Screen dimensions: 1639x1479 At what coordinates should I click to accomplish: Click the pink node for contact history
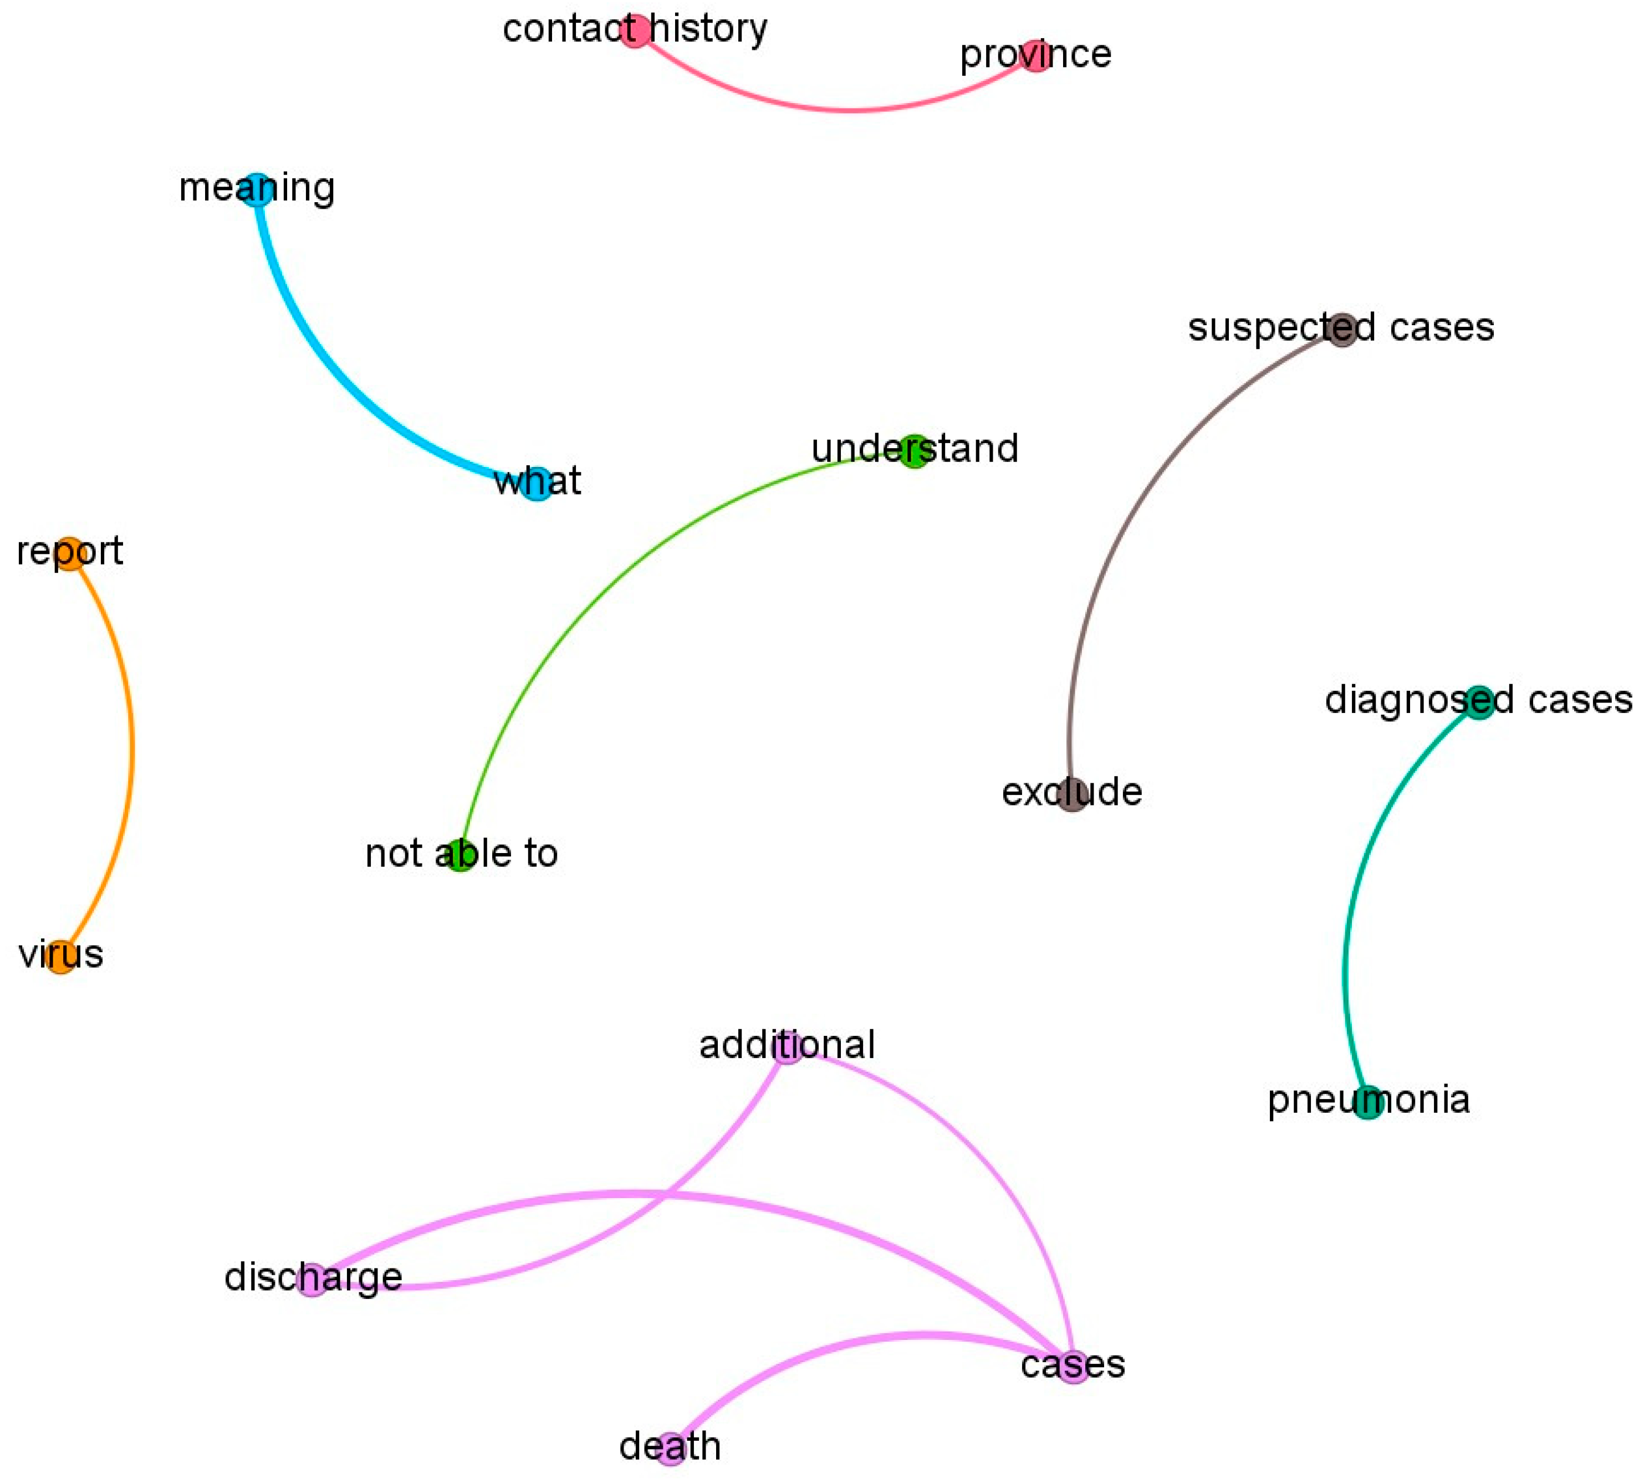pos(635,31)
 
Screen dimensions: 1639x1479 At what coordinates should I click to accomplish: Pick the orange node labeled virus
pos(61,957)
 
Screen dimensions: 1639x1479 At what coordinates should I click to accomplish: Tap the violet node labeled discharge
pos(312,1280)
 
